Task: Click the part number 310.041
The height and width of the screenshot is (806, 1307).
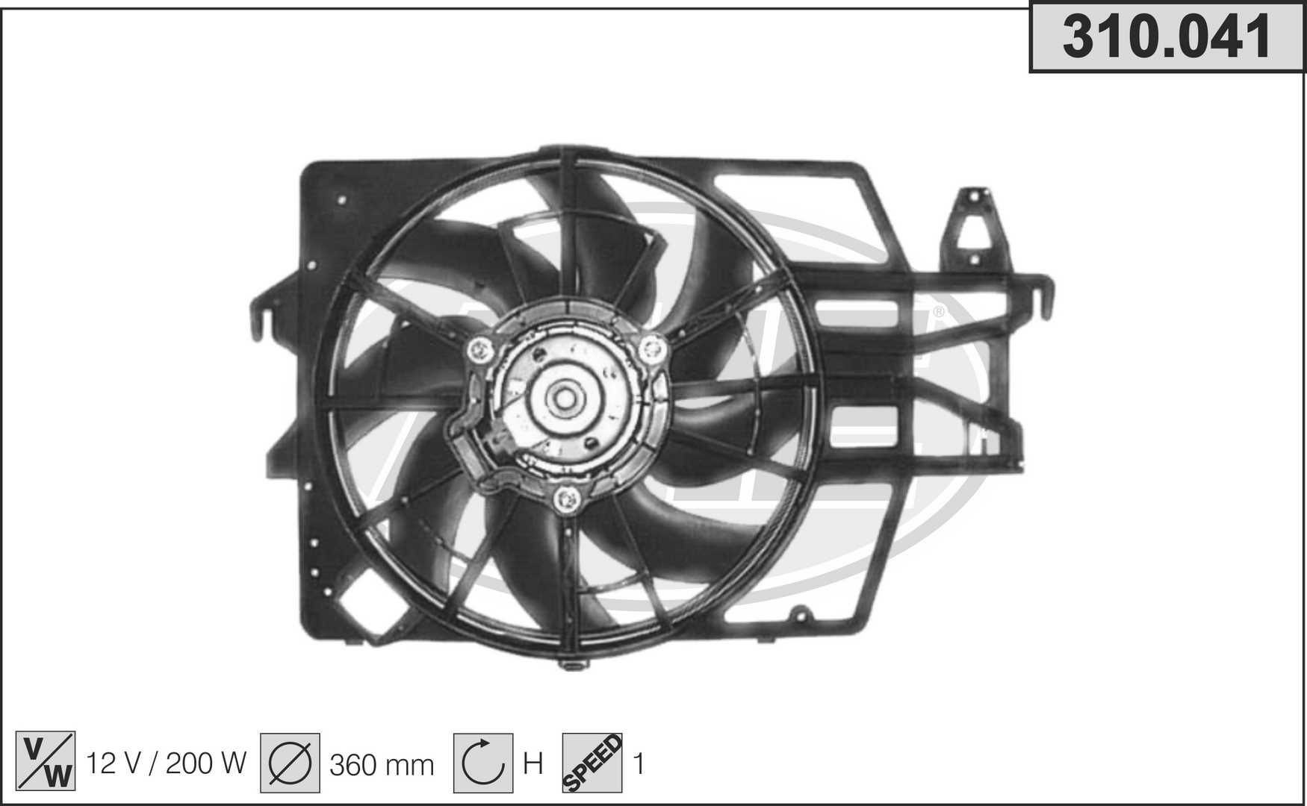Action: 1167,37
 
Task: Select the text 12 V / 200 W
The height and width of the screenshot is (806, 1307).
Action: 167,763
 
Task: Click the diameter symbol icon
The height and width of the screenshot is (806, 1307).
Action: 290,762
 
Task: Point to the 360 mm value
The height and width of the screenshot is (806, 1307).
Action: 382,764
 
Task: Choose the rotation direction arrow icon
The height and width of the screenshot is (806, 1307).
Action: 483,762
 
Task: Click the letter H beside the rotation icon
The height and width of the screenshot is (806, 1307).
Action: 533,763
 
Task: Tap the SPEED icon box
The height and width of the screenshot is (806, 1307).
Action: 592,762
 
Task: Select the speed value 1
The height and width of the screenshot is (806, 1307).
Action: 639,763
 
